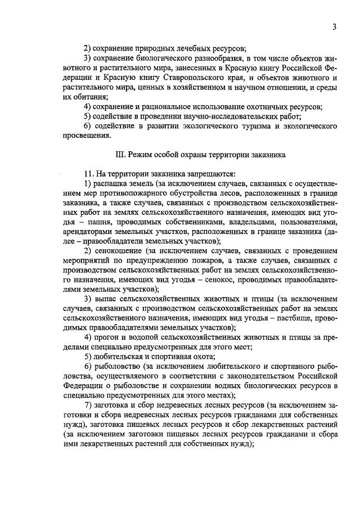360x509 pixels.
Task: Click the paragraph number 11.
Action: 88,174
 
